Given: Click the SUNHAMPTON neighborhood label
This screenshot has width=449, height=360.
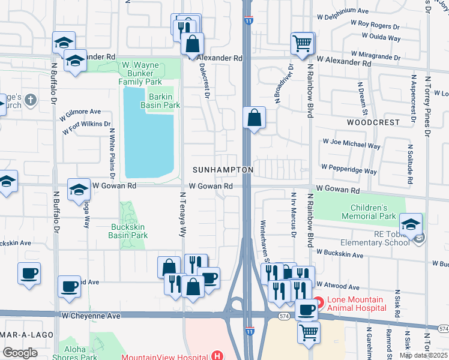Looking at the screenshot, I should [x=223, y=170].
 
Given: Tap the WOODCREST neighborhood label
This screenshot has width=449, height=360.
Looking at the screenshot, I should [x=373, y=122].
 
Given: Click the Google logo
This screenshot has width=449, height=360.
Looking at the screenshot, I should [x=20, y=353].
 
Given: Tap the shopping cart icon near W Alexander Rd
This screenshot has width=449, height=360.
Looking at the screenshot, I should [x=303, y=43].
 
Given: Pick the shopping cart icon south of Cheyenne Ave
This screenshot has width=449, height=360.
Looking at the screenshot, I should [x=309, y=331].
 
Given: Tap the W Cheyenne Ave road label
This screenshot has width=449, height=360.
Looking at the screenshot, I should [x=91, y=315].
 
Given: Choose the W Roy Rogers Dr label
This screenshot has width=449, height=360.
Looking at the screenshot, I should [x=375, y=26].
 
